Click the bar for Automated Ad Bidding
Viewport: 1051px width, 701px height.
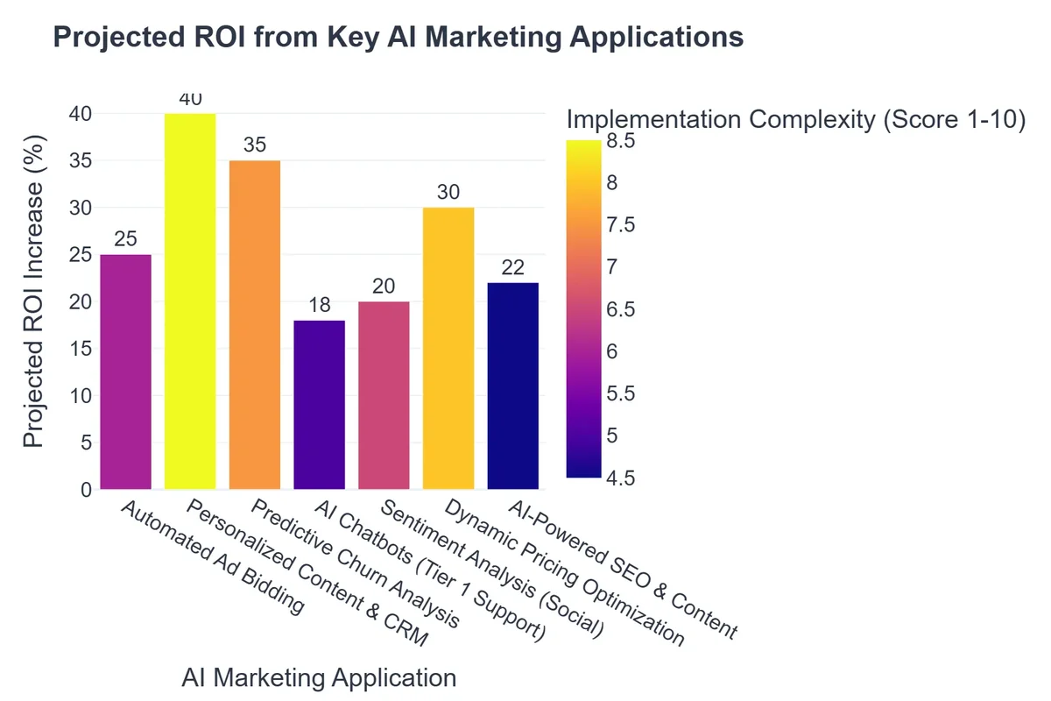point(125,372)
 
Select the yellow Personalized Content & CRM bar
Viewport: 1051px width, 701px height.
point(190,301)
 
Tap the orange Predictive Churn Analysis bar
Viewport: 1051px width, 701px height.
point(255,324)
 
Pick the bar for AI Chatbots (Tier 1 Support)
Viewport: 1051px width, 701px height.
point(320,405)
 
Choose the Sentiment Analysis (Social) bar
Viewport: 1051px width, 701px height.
point(384,395)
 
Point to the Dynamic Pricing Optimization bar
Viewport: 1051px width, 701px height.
point(448,348)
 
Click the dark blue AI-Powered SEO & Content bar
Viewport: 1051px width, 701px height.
point(513,386)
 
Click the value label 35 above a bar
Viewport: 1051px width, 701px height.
point(255,145)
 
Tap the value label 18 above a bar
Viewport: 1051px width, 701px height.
point(320,305)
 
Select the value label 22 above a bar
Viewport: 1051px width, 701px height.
point(513,267)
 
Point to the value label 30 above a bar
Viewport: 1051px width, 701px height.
point(448,192)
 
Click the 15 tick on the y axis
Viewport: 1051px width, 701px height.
point(81,349)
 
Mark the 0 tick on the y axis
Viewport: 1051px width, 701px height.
point(86,490)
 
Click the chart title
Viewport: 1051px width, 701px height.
point(399,37)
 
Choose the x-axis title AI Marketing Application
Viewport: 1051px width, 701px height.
point(319,678)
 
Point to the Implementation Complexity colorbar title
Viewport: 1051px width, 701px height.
point(795,119)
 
